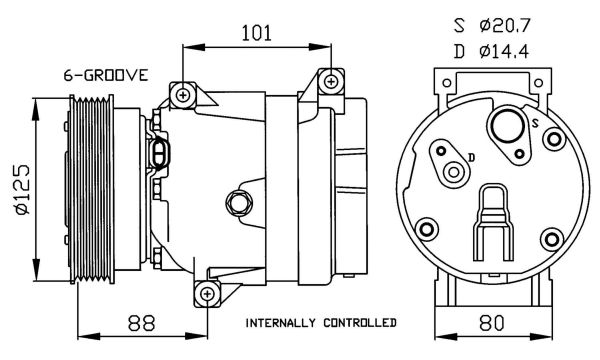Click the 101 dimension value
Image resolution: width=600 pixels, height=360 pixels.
256,33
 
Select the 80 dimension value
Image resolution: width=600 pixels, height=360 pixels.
492,323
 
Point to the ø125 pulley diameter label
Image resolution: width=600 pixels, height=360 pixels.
22,189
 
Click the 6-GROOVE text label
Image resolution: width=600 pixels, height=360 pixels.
106,75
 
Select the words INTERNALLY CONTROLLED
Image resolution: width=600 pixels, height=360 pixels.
321,323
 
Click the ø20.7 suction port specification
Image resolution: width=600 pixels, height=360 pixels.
504,26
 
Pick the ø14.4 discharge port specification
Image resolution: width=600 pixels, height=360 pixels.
504,52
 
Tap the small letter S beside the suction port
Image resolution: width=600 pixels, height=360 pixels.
536,123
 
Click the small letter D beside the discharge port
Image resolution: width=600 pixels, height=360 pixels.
472,157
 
